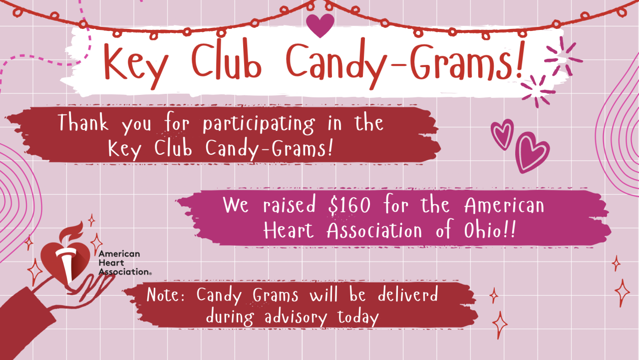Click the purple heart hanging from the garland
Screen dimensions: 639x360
coord(320,25)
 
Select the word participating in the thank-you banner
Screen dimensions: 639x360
coord(259,124)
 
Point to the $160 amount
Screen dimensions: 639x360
coord(349,205)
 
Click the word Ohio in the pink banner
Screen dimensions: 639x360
coord(482,230)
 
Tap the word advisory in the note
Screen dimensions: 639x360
coord(296,318)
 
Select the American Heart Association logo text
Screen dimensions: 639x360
coord(124,263)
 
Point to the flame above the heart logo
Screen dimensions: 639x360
coord(71,232)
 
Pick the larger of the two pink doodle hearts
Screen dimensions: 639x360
coord(532,152)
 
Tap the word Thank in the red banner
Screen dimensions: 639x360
coord(83,122)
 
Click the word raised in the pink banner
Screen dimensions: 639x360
coord(289,204)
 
